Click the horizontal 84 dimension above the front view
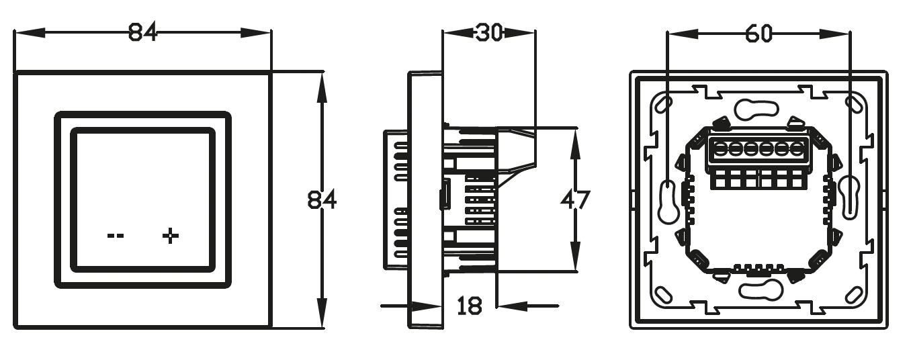(142, 32)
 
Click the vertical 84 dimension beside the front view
(322, 199)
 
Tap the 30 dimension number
(489, 32)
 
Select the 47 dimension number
(575, 199)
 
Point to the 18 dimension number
(470, 306)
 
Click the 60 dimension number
(759, 34)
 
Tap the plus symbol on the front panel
(171, 236)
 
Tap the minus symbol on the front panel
(115, 236)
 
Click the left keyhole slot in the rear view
(667, 201)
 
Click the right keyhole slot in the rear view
(851, 197)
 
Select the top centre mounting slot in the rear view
(756, 110)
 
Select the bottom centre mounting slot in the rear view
(761, 291)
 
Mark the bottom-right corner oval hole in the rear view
(854, 294)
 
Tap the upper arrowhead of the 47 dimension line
(574, 143)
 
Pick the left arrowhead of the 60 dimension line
(683, 34)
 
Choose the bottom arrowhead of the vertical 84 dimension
(322, 312)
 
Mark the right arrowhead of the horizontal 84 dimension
(256, 32)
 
